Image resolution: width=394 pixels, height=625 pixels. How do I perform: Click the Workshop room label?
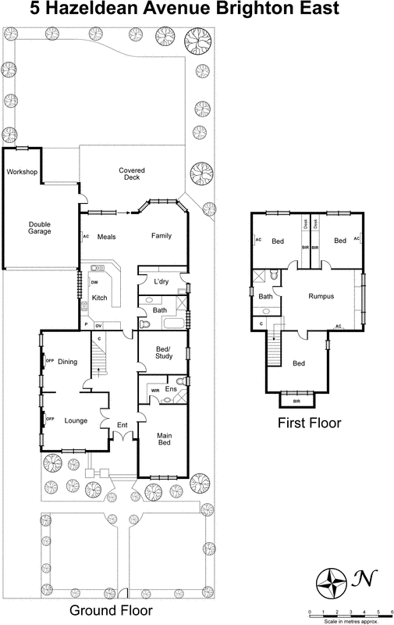[x=23, y=172]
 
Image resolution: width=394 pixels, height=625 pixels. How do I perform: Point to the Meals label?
[x=107, y=237]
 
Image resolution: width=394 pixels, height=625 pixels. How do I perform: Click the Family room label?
[x=162, y=237]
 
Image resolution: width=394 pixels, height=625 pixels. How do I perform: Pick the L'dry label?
[x=162, y=281]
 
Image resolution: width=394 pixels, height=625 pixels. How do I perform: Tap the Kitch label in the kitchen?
[x=100, y=298]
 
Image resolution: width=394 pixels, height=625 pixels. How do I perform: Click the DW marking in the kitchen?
[x=94, y=282]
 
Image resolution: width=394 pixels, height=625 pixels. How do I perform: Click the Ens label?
[x=171, y=388]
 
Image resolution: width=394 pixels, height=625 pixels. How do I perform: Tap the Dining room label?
[x=68, y=362]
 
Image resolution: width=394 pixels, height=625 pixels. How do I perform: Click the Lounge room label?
[x=75, y=420]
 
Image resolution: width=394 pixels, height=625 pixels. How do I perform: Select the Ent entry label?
[x=122, y=425]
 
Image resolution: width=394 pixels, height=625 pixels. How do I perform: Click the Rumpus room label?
[x=321, y=297]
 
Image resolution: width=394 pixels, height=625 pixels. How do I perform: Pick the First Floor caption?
[x=308, y=423]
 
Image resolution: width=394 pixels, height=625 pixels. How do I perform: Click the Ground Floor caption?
[x=112, y=609]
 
